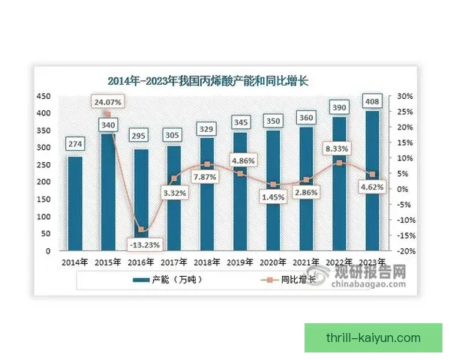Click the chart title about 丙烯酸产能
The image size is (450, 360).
(214, 81)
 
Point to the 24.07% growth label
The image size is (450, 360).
(107, 100)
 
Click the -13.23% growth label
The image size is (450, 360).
(142, 243)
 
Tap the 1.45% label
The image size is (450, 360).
(272, 196)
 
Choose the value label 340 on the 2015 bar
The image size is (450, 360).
(107, 124)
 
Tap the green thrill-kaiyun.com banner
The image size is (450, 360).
(373, 338)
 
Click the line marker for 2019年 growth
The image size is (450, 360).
(239, 173)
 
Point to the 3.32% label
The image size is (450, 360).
(174, 193)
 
